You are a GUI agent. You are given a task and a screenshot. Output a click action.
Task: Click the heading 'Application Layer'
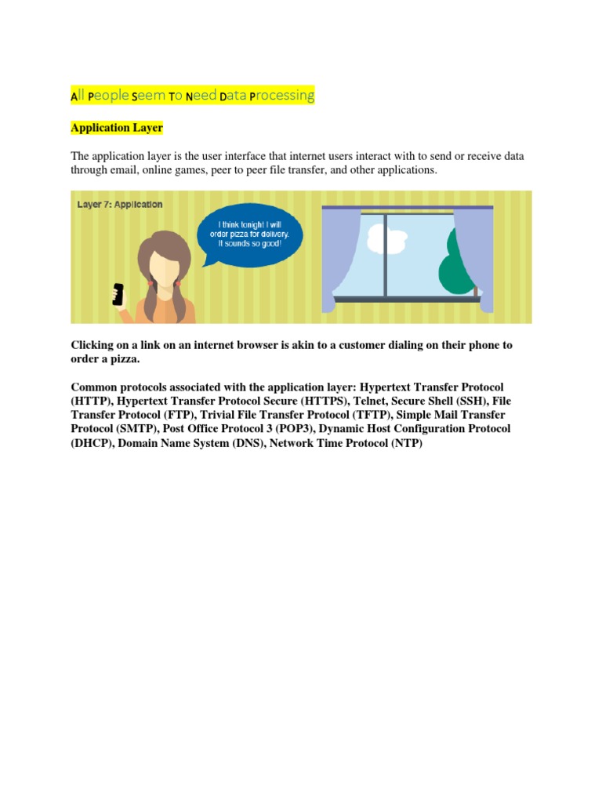coord(117,127)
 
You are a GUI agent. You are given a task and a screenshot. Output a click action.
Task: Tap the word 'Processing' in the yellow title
coord(281,96)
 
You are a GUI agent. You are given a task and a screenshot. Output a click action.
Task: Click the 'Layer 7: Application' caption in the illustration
coord(120,205)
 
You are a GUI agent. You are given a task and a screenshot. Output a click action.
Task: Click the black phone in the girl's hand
coord(118,293)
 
